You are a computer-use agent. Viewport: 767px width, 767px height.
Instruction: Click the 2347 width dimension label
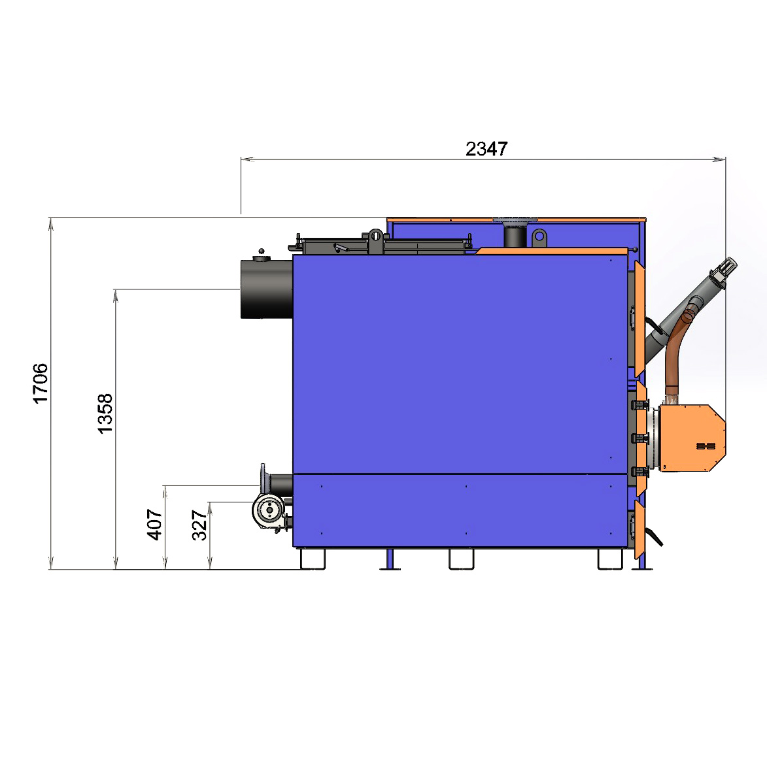point(486,149)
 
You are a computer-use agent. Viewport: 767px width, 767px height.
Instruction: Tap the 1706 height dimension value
point(40,383)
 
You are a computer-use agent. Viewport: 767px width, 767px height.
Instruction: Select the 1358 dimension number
point(105,414)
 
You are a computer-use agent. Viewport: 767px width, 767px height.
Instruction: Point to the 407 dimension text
point(154,525)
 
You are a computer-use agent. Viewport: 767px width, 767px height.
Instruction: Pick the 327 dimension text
point(199,525)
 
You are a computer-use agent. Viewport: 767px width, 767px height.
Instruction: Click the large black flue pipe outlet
point(266,289)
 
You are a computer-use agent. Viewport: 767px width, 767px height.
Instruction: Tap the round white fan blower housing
point(269,511)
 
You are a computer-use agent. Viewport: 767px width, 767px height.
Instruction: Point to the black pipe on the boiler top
point(515,236)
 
